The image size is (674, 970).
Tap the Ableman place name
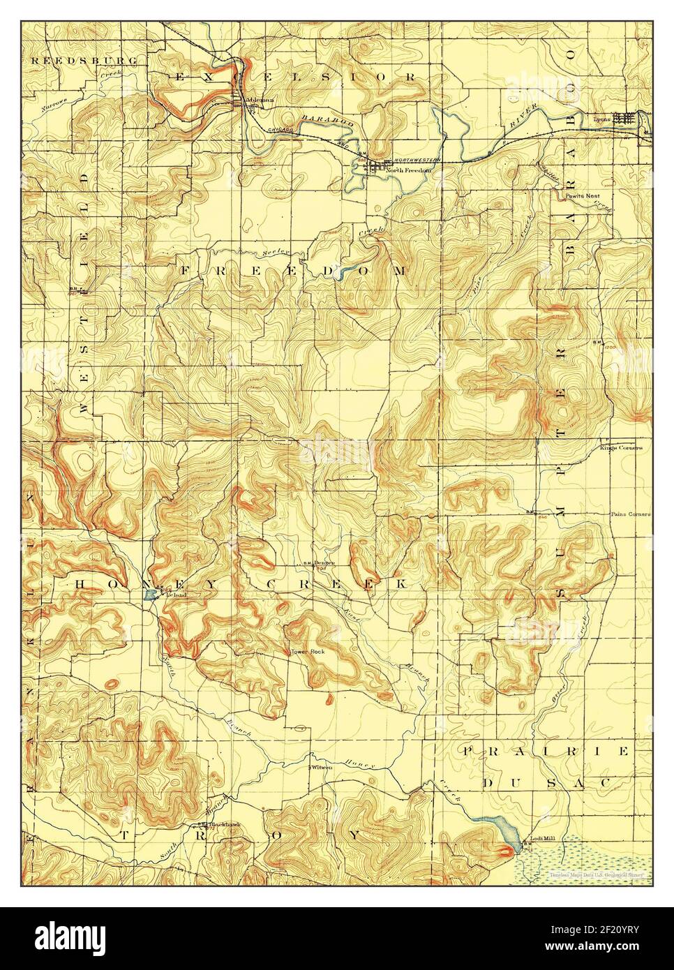click(x=258, y=100)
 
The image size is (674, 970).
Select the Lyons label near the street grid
click(x=601, y=119)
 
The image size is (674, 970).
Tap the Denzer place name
click(x=325, y=563)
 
